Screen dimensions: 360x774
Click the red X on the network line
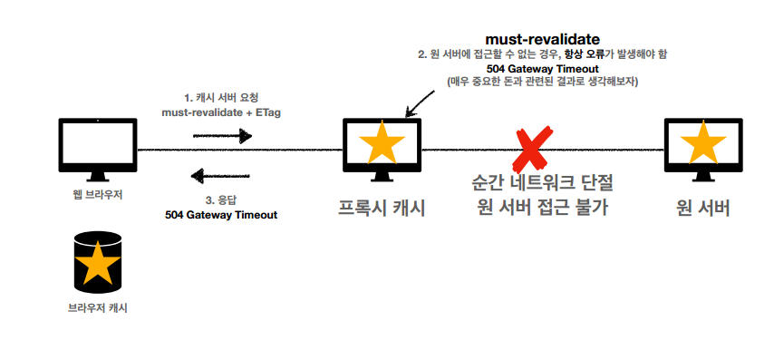coord(527,150)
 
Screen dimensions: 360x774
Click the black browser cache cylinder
coord(97,263)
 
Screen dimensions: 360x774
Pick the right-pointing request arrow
coord(222,136)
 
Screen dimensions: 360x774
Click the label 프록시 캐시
coord(382,208)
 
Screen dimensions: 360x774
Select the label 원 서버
coord(703,208)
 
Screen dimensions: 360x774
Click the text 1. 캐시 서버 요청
coord(222,96)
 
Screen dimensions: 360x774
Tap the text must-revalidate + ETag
coord(221,112)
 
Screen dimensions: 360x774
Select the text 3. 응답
coord(221,199)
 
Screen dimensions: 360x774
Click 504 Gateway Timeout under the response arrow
coord(221,215)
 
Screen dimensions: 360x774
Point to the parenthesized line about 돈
coord(543,82)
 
